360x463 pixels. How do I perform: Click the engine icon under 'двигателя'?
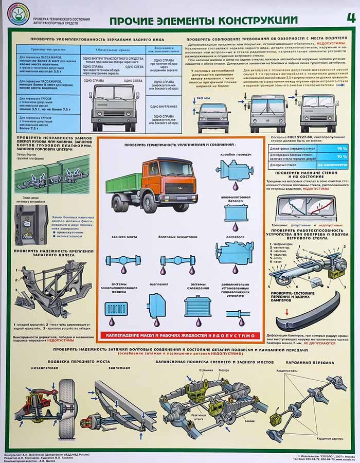pos(235,252)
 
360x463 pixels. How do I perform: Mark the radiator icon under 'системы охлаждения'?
pos(198,308)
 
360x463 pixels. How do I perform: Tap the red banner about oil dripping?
pos(182,335)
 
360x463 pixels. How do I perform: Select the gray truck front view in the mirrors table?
pos(114,106)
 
